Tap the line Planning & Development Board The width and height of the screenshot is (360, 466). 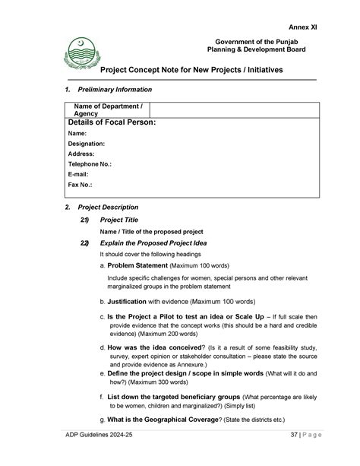point(257,50)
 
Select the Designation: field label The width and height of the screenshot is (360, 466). point(86,143)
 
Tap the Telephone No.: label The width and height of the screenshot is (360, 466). point(90,163)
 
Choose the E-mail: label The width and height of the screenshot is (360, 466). point(78,174)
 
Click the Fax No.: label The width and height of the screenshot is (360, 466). point(80,185)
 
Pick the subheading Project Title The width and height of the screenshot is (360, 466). point(119,220)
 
